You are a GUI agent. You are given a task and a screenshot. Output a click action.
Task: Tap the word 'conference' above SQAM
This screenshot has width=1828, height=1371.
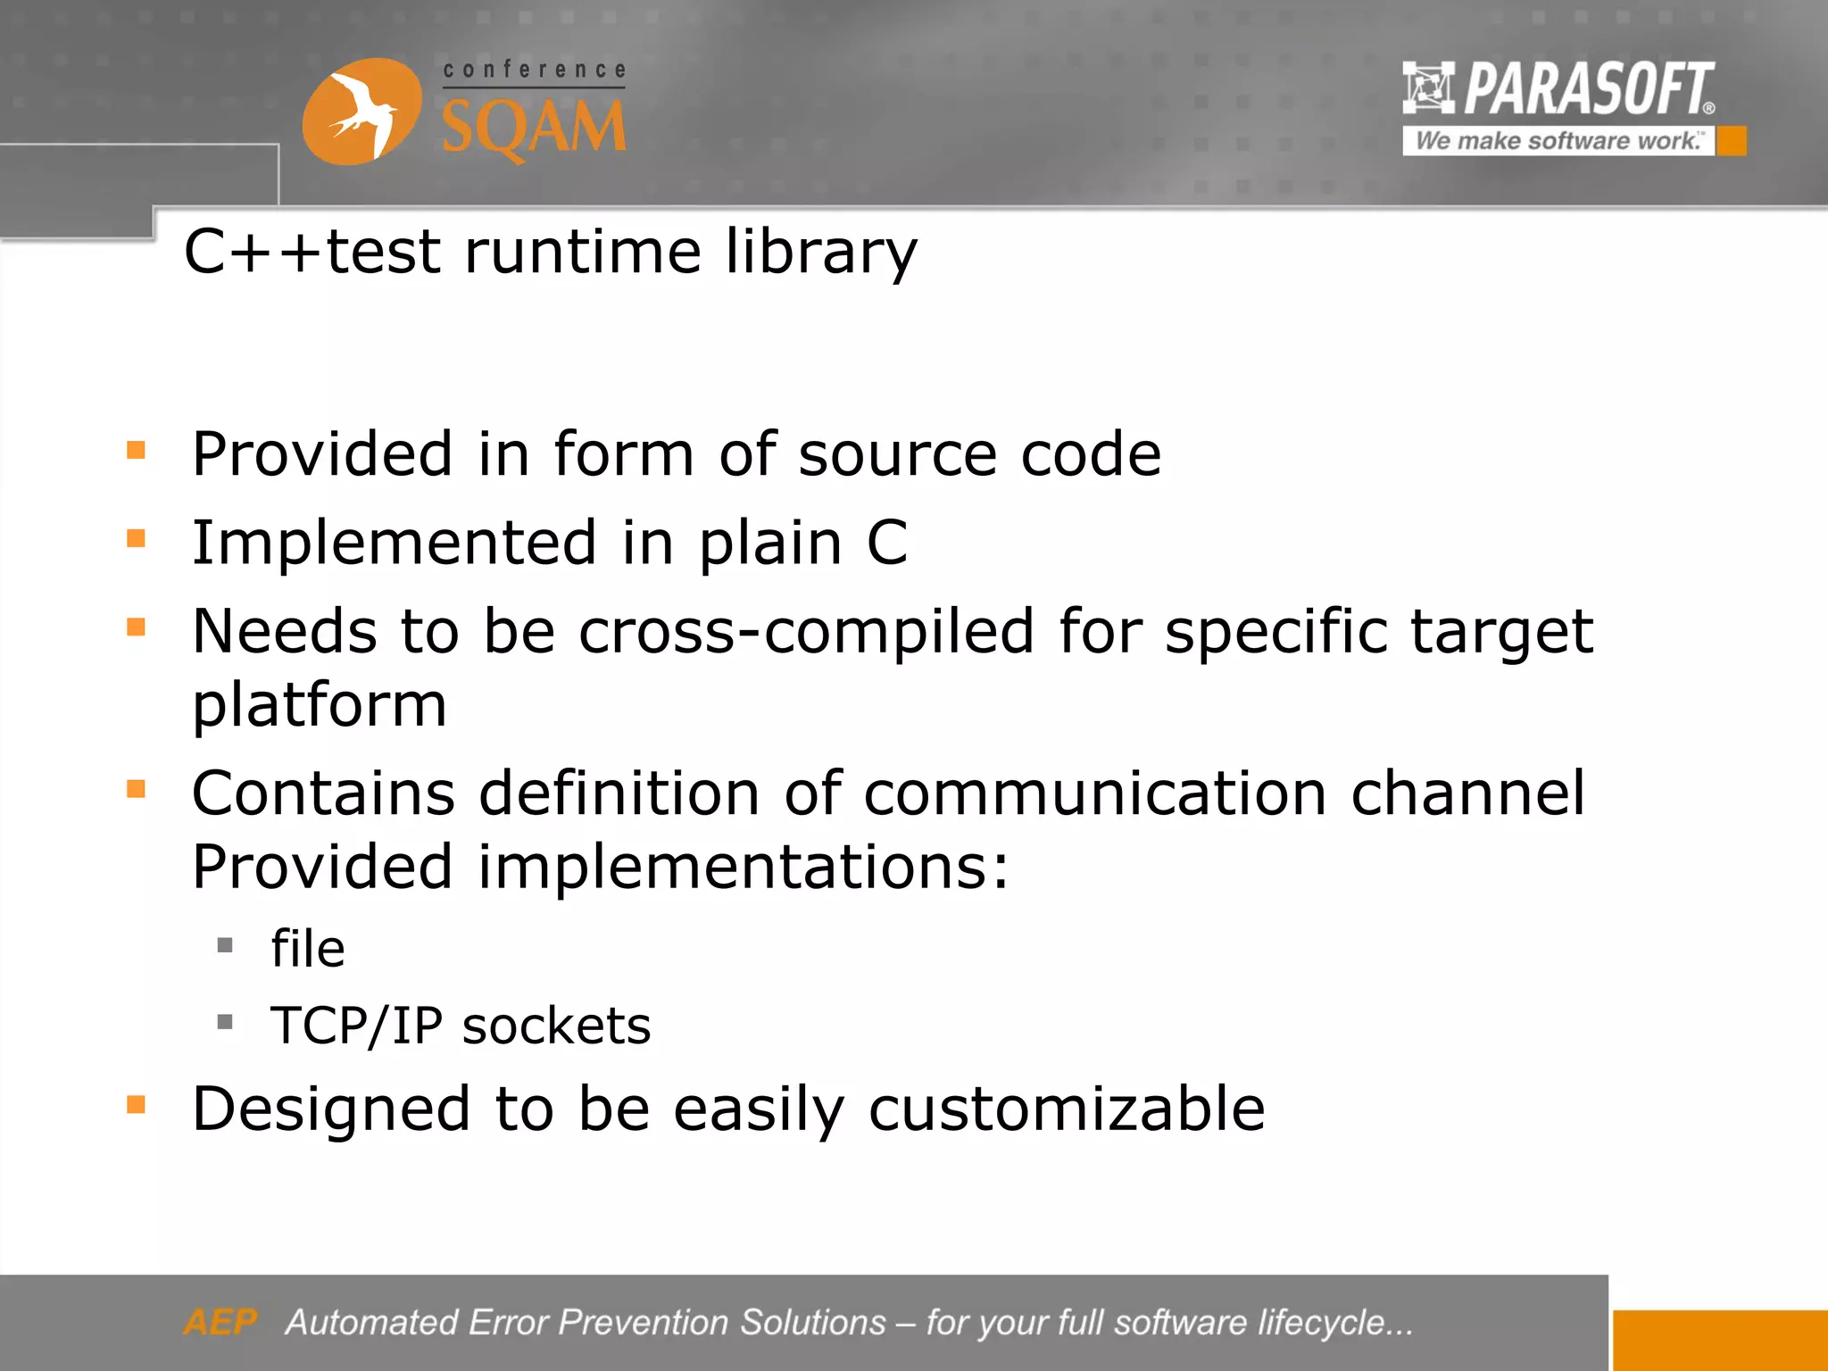coord(534,70)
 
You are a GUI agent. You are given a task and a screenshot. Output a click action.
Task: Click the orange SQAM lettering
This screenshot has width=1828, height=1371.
coord(534,128)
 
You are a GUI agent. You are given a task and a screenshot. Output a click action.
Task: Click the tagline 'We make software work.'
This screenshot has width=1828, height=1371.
coord(1558,141)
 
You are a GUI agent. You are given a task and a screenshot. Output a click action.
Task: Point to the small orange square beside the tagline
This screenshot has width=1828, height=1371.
coord(1732,141)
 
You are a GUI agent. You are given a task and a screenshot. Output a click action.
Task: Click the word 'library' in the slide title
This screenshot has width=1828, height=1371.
coord(820,252)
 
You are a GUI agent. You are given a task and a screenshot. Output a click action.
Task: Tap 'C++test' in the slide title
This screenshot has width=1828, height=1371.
coord(312,252)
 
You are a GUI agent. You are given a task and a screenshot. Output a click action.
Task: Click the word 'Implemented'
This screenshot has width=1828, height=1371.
coord(394,543)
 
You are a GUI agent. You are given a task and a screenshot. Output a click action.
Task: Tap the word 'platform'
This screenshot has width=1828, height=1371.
coord(319,705)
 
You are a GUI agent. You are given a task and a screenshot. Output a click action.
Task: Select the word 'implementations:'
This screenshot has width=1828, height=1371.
coord(744,867)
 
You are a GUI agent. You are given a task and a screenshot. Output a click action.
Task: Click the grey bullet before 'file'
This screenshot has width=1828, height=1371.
coord(225,944)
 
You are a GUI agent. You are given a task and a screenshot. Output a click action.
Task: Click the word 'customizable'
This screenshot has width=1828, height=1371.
coord(1067,1109)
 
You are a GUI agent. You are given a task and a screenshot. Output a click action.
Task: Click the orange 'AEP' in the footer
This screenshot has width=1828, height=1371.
coord(220,1322)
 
